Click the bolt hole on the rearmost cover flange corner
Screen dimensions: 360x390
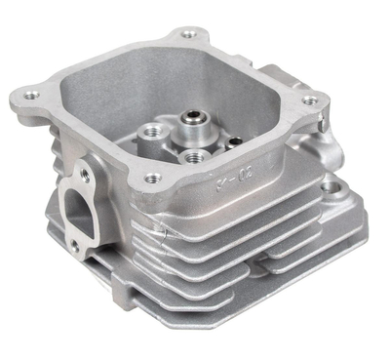(187, 37)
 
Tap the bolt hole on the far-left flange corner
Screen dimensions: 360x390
(33, 96)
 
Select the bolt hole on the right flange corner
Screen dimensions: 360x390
(310, 100)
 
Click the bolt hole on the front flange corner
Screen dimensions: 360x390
(151, 179)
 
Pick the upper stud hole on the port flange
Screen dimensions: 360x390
(86, 176)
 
